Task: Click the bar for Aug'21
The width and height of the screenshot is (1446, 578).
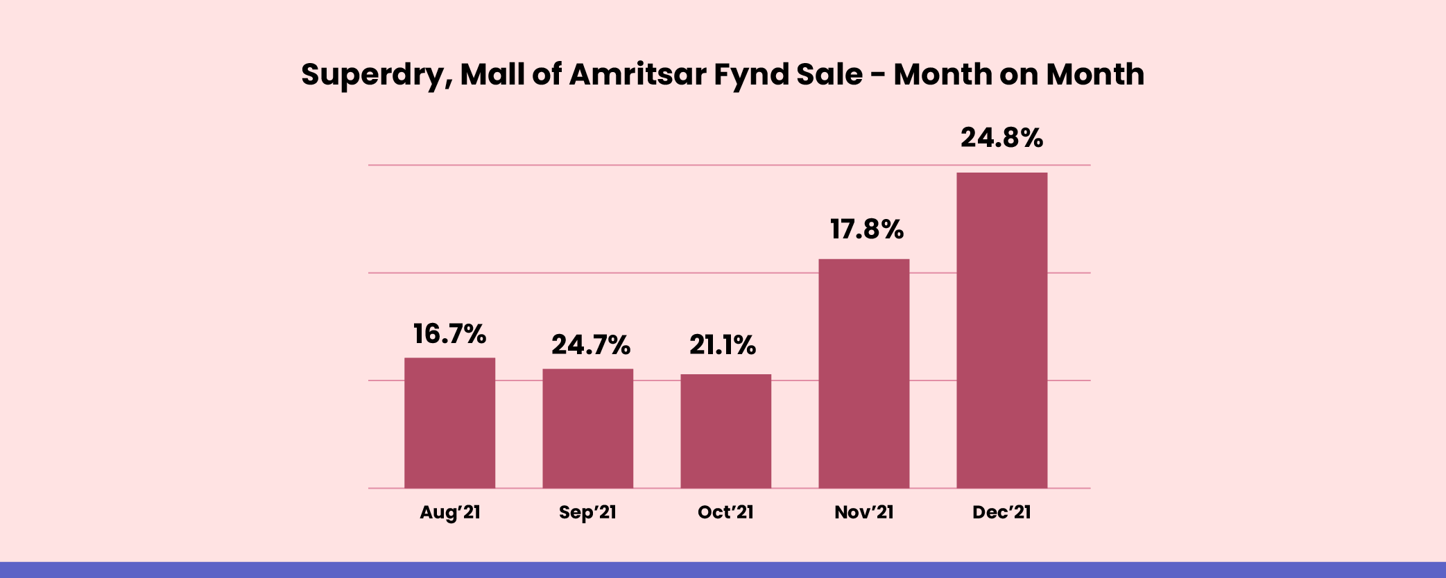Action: click(449, 423)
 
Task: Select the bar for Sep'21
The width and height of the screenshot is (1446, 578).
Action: click(587, 428)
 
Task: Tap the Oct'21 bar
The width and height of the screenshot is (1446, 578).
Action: click(725, 431)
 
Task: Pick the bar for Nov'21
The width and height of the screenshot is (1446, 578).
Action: click(863, 374)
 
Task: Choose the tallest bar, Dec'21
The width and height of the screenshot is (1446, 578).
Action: click(1001, 330)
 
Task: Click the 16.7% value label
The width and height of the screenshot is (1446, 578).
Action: click(449, 334)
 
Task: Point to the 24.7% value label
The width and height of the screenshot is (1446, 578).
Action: click(591, 345)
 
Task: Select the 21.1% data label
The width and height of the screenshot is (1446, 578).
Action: click(722, 345)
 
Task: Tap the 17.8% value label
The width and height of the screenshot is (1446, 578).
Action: click(867, 229)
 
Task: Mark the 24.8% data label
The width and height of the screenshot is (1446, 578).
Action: click(1001, 138)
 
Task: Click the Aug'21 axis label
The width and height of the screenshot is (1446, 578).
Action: click(449, 513)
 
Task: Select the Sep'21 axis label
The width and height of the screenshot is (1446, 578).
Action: click(587, 513)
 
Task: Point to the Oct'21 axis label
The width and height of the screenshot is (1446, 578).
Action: click(725, 513)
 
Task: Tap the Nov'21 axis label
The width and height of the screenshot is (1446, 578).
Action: click(863, 513)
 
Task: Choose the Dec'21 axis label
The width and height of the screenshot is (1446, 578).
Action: click(1001, 513)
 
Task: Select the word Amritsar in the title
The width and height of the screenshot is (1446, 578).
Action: click(637, 75)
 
